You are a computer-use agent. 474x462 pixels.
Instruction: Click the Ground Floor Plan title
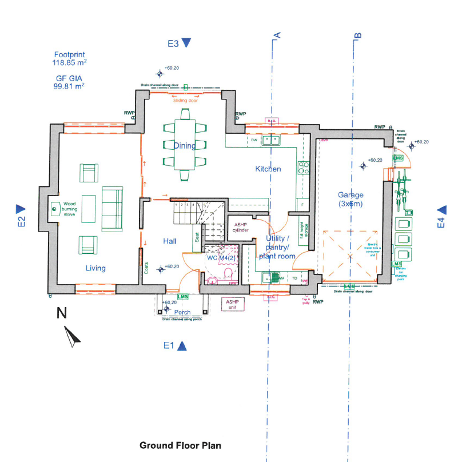click(x=180, y=445)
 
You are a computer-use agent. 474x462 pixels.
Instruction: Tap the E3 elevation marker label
click(x=173, y=43)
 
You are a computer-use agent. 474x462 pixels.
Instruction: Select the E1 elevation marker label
click(x=168, y=345)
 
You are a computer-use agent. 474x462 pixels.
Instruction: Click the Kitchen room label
click(x=268, y=169)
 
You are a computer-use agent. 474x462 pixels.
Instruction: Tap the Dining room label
click(x=185, y=146)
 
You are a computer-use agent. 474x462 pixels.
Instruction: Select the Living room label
click(x=96, y=268)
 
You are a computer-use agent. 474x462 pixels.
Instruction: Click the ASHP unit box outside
click(x=232, y=304)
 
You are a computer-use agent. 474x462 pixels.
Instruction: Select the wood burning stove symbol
click(x=54, y=209)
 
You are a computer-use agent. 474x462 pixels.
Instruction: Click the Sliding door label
click(x=185, y=100)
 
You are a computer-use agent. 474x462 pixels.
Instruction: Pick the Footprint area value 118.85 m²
click(x=69, y=63)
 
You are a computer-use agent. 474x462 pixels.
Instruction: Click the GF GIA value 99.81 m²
click(x=69, y=86)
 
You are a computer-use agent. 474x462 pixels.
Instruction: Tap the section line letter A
click(x=277, y=35)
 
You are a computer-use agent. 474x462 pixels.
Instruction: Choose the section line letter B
click(x=358, y=35)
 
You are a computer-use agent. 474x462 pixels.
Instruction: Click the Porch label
click(x=182, y=312)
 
